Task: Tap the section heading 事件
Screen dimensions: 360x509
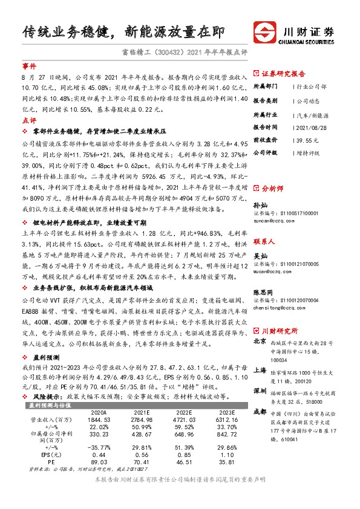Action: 29,65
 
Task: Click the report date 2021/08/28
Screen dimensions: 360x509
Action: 311,127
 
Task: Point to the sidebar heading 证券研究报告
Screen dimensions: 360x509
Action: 284,74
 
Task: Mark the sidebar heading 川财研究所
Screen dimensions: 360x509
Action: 280,331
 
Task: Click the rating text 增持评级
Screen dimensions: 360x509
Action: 308,152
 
